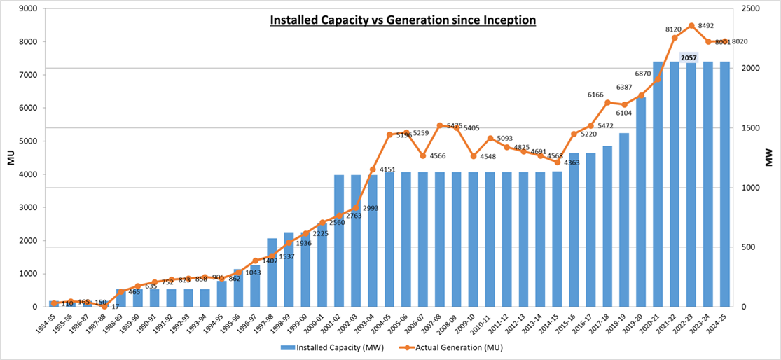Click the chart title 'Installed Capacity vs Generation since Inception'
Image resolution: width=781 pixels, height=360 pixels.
pyautogui.click(x=403, y=20)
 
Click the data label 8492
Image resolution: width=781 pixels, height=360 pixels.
pyautogui.click(x=703, y=26)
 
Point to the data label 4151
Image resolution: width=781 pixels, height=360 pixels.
pyautogui.click(x=387, y=169)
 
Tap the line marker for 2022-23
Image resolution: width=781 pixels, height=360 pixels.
pyautogui.click(x=691, y=26)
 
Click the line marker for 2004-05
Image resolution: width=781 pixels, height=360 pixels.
pyautogui.click(x=389, y=134)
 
